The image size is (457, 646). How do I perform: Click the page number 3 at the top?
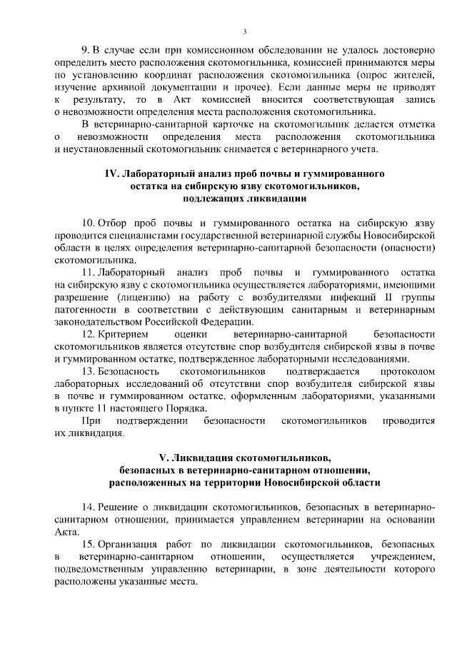pos(244,31)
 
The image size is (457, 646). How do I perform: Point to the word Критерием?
pos(124,333)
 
